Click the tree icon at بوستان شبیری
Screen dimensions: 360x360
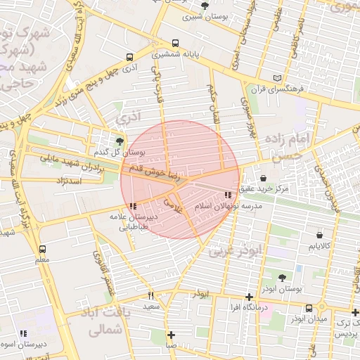click(205, 6)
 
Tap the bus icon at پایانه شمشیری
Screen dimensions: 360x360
click(175, 43)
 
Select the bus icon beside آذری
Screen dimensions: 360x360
click(129, 58)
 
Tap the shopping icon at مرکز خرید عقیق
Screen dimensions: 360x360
click(263, 179)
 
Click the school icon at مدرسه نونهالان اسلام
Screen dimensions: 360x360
click(228, 195)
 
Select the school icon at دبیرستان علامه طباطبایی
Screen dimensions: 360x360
click(133, 206)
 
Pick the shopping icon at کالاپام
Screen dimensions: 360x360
click(321, 235)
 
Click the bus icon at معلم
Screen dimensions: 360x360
click(43, 249)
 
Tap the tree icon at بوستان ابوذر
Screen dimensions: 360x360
click(283, 278)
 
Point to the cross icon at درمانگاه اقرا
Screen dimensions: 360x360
click(250, 297)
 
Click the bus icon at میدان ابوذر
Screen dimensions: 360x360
click(309, 308)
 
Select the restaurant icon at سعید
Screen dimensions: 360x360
click(151, 295)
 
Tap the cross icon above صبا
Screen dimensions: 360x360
click(171, 334)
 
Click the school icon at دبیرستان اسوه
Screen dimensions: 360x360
click(23, 333)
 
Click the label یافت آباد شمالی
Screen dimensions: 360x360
click(101, 322)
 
